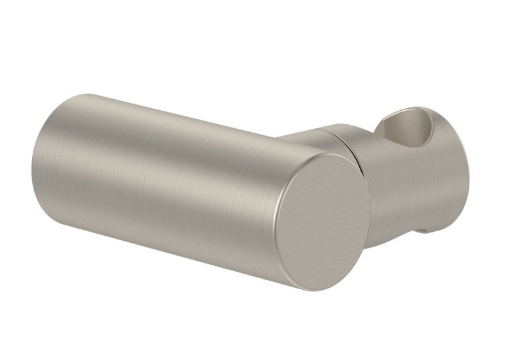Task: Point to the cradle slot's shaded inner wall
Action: (x=394, y=132)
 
